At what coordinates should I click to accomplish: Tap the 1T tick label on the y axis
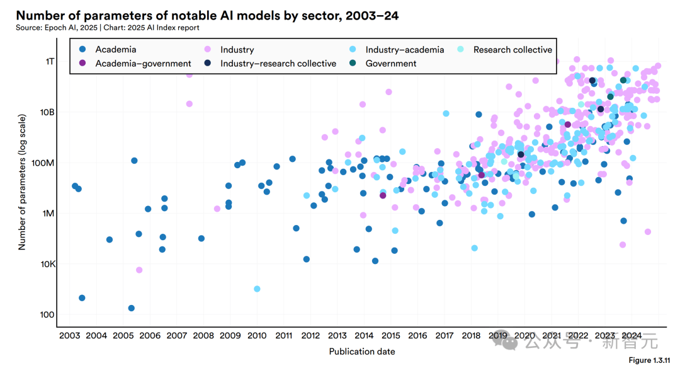(x=49, y=61)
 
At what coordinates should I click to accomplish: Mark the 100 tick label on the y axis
(x=47, y=315)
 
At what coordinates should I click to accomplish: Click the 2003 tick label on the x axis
(x=69, y=336)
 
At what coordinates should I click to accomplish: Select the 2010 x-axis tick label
(x=257, y=336)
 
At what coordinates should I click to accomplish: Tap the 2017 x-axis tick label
(x=445, y=336)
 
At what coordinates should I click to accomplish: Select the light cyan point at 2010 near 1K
(x=257, y=289)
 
